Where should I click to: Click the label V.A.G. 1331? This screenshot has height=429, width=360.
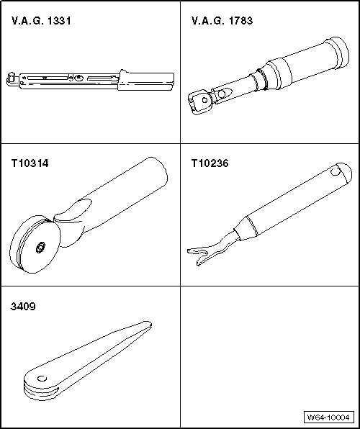tap(41, 21)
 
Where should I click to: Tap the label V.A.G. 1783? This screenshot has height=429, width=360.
tap(222, 21)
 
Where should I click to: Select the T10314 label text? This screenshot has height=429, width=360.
tap(30, 163)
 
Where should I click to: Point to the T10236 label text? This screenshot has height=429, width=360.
tap(210, 163)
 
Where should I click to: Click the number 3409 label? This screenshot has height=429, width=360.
tap(23, 307)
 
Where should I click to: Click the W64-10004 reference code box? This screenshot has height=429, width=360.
tap(328, 417)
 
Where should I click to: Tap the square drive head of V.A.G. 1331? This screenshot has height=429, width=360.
tap(12, 78)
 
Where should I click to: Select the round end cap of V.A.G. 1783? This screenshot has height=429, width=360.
tap(337, 53)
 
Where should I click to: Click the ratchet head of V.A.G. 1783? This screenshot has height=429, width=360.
tap(201, 101)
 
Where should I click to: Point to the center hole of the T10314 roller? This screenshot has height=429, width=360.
tap(40, 248)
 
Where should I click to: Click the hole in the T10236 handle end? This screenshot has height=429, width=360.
tap(336, 171)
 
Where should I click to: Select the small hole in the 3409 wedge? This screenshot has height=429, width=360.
tap(42, 379)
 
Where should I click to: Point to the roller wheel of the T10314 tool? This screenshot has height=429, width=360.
tap(35, 244)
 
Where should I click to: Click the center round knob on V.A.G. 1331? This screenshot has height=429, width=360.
tap(79, 78)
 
